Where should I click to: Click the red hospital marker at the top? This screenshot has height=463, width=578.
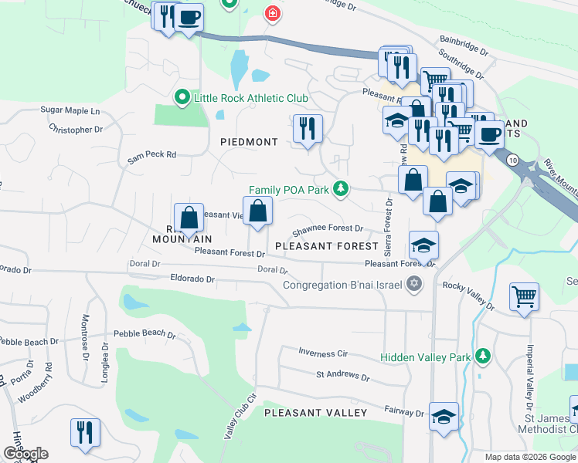(271, 13)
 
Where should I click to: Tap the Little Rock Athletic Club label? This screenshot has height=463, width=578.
(251, 98)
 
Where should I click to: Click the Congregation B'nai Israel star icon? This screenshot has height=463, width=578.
(416, 284)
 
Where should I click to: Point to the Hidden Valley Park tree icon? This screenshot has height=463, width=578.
(483, 355)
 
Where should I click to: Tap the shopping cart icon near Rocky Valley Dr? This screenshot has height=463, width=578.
(525, 296)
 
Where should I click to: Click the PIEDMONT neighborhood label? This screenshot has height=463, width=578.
(249, 142)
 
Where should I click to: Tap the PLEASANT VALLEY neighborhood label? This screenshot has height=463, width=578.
(316, 413)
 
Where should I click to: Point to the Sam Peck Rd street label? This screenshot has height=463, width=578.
(152, 155)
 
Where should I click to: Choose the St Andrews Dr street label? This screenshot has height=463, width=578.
(342, 376)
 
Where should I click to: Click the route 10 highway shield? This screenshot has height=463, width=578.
(513, 158)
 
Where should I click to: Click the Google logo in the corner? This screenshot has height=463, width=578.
(25, 454)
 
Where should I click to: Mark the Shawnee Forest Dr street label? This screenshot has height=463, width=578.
(328, 228)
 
